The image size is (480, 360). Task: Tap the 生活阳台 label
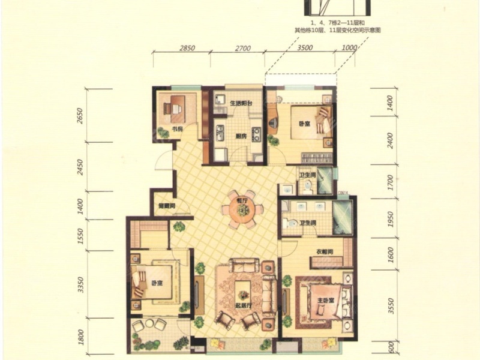[241, 104]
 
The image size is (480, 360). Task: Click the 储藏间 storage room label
[166, 206]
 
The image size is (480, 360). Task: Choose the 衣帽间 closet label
[325, 251]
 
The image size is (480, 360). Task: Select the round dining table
[242, 210]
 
